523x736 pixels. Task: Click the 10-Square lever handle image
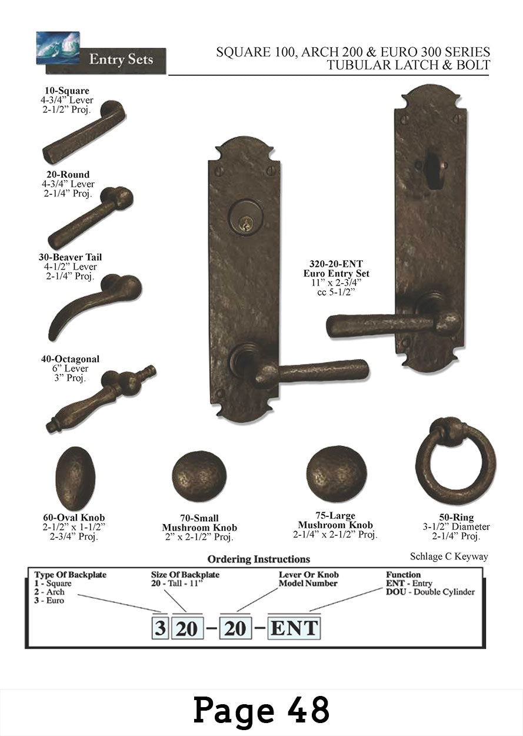pos(84,133)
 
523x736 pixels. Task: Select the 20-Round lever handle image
pos(90,218)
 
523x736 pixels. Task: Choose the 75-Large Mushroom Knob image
pos(337,473)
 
